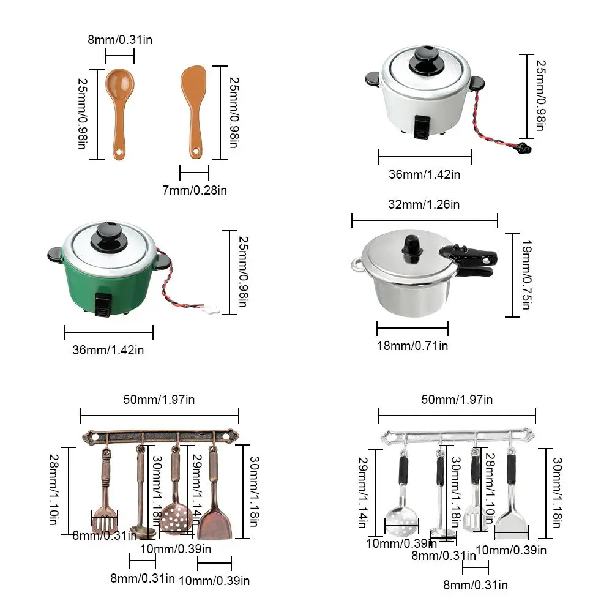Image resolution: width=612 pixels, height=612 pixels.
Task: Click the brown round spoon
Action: [119, 92]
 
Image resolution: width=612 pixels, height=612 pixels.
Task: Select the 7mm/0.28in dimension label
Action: [195, 191]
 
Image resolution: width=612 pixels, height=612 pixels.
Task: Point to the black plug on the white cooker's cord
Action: [523, 147]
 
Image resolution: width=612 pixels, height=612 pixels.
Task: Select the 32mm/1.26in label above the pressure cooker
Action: [424, 204]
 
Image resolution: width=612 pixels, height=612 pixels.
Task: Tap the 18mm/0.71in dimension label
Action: [412, 346]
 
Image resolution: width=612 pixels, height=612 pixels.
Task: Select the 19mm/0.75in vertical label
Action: [524, 274]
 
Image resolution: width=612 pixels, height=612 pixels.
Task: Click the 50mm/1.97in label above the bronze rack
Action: [159, 400]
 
